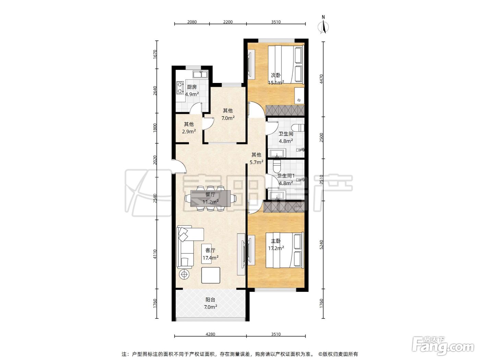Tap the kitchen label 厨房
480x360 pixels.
(x=192, y=87)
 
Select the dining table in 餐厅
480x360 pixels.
(x=211, y=199)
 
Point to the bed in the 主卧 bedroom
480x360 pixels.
(x=285, y=250)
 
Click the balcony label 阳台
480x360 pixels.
(x=210, y=300)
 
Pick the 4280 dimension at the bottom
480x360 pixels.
(x=211, y=334)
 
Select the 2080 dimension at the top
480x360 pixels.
(x=192, y=22)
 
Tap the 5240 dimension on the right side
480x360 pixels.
(x=321, y=244)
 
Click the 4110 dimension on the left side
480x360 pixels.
(x=155, y=254)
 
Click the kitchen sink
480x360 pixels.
(x=200, y=74)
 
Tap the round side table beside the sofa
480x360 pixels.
(x=184, y=274)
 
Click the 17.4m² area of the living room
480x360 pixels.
(x=211, y=258)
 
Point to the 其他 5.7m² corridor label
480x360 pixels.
(x=256, y=158)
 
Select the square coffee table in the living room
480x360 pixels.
(x=211, y=275)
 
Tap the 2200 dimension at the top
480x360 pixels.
(x=228, y=22)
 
